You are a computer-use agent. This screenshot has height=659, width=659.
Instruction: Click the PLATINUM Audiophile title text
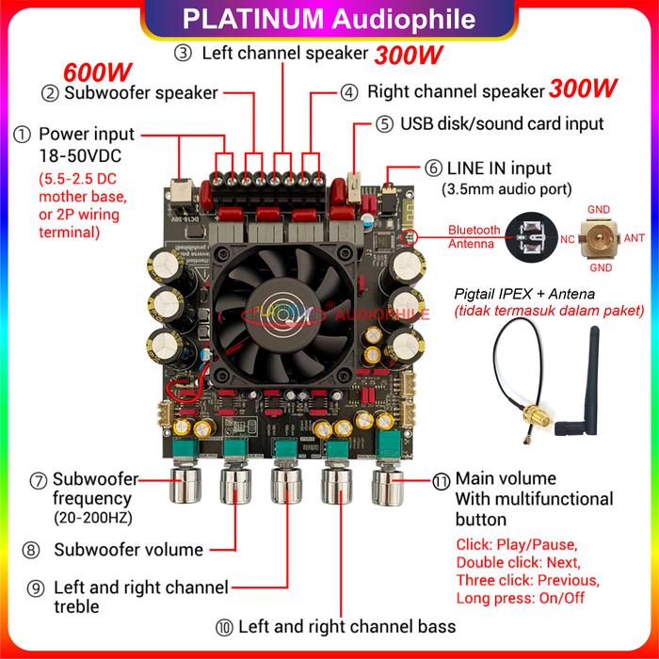[x=329, y=19]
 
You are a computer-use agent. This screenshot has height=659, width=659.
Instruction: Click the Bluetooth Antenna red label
[x=474, y=236]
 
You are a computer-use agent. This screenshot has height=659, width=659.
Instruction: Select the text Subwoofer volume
[x=128, y=550]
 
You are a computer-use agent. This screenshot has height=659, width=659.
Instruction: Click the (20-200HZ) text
[x=88, y=517]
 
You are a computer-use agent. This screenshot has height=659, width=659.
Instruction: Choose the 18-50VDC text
[x=78, y=154]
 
